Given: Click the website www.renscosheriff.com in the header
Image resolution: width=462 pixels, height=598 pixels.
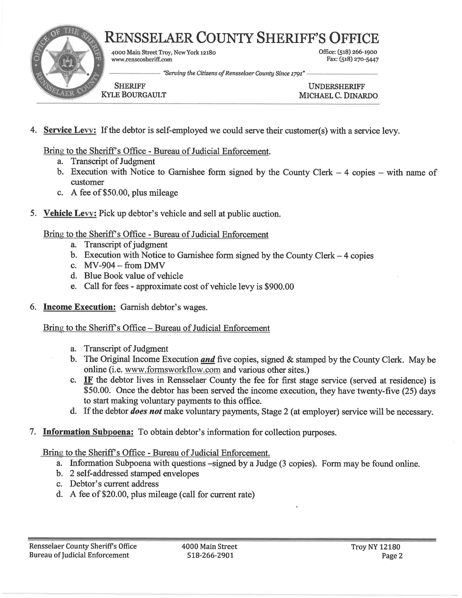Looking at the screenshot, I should click(141, 59).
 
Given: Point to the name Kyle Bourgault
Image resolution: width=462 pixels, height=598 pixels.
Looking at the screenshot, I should click(134, 95).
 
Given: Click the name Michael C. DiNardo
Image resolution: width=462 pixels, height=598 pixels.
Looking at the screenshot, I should click(338, 95).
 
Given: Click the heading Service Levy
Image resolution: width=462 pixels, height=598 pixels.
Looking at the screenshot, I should click(70, 130).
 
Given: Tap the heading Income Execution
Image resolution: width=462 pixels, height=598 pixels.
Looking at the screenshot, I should click(79, 307).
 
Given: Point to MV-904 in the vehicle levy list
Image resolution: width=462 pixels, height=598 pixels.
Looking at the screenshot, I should click(100, 265).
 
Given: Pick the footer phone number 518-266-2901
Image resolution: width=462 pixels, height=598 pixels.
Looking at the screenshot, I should click(210, 555).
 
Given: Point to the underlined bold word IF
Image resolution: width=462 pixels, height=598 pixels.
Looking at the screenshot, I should click(87, 380).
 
